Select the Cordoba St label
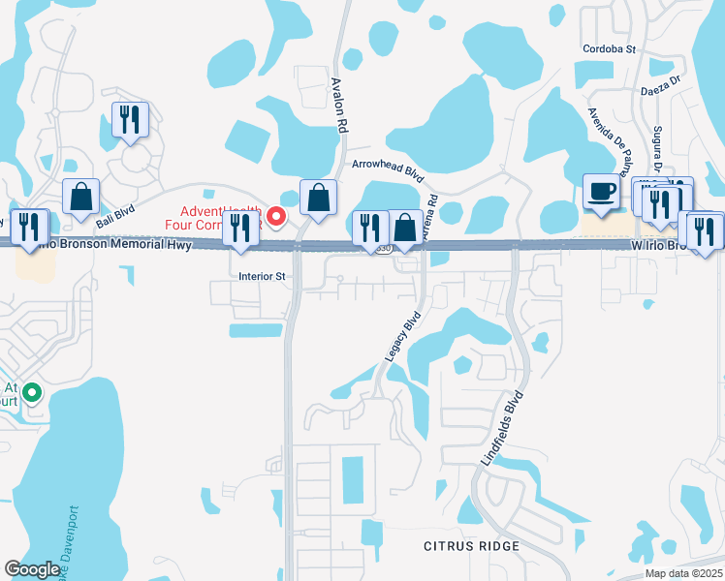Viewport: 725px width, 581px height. coord(609,48)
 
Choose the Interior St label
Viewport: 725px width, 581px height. coord(262,276)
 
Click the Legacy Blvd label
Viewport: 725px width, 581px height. coord(403,336)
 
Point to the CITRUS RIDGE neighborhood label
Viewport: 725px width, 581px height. coord(471,546)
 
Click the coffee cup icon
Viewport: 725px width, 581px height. coord(602,193)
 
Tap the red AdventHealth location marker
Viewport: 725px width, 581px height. coord(276,216)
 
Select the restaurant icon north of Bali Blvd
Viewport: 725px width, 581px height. coord(130,120)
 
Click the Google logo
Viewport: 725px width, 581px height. coord(33,569)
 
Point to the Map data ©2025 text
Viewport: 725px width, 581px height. coord(683,573)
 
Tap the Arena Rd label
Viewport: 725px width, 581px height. coord(431,212)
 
